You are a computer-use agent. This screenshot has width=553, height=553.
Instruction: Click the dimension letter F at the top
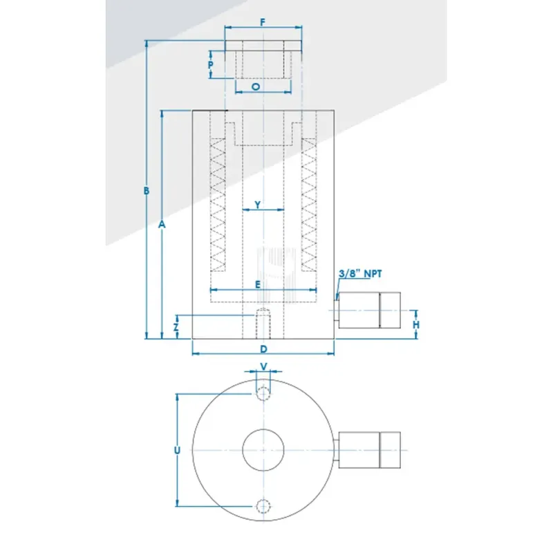point(263,22)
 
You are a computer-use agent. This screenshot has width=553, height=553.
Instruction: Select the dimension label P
point(212,66)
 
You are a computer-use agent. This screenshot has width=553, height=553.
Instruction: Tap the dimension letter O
point(256,88)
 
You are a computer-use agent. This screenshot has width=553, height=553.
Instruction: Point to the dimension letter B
point(147,191)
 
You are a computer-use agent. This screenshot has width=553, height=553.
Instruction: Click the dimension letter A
point(162,225)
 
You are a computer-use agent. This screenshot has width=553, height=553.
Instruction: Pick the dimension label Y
point(257,205)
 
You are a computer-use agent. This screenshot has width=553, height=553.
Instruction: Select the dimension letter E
point(257,284)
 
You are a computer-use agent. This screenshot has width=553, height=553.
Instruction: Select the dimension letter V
point(263,366)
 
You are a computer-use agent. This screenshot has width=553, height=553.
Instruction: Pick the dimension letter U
point(177,450)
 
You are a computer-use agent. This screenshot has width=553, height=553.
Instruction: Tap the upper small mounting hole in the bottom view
point(263,393)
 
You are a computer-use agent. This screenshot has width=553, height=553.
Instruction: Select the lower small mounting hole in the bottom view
point(263,505)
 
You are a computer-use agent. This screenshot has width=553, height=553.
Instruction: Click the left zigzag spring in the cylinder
point(218,207)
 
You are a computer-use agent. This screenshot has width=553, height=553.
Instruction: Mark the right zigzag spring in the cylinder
point(308,207)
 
